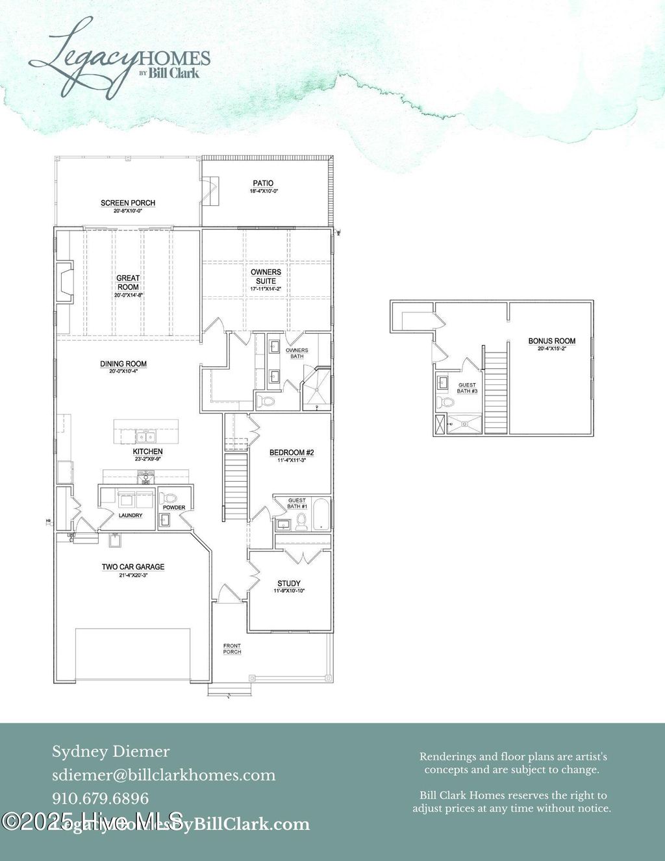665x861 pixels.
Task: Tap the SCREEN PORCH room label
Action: point(128,203)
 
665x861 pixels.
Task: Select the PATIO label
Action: point(263,184)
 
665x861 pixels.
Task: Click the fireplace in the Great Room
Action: point(65,282)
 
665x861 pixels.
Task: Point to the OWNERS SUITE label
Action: point(266,277)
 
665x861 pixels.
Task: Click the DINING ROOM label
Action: point(123,364)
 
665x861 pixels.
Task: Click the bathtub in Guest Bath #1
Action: point(321,514)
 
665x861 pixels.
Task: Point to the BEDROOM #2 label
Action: point(292,453)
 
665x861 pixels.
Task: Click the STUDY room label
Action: point(289,584)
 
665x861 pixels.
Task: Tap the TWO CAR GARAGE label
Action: point(133,567)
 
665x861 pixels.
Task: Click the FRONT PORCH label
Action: point(232,649)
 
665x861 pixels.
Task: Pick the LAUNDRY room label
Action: point(131,516)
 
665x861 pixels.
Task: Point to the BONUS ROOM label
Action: point(551,341)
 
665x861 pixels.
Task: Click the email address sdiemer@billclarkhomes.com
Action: point(164,775)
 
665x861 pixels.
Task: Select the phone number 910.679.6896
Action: point(101,799)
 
